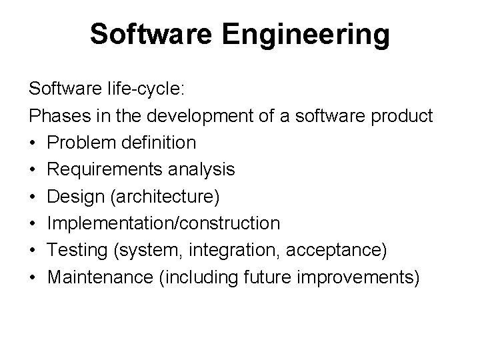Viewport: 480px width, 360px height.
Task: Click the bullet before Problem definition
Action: (x=33, y=143)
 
